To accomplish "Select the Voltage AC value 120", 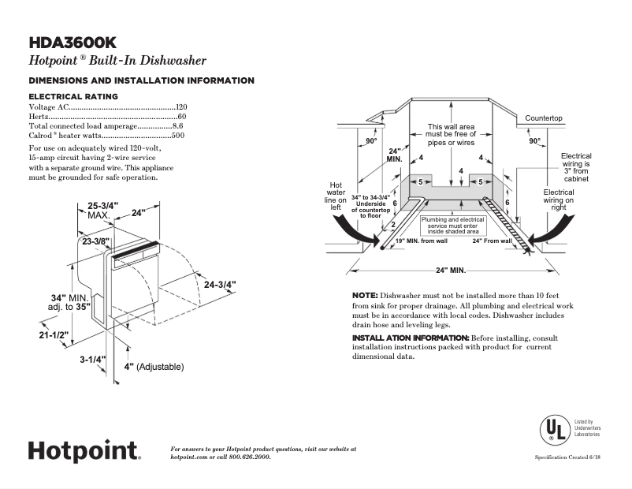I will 182,106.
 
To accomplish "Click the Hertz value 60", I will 183,116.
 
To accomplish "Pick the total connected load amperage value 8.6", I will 178,126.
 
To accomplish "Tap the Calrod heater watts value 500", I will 179,136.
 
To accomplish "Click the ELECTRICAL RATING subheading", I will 72,96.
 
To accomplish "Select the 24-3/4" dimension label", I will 220,284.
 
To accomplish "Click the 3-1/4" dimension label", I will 92,360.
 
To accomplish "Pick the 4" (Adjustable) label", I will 154,367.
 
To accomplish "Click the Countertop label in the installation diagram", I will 544,118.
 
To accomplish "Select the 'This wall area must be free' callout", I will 451,135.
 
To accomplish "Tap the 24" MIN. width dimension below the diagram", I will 451,270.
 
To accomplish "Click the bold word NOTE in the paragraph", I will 365,294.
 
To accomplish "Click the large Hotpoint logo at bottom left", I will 84,450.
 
